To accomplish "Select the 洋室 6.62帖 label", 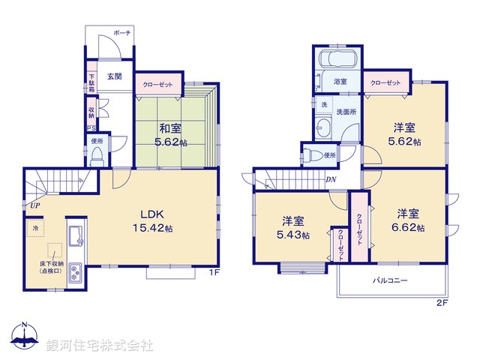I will (410, 220).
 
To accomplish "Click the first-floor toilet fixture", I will (96, 154).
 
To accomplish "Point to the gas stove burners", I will (76, 274).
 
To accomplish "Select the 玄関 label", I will (114, 76).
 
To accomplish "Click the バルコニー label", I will (391, 281).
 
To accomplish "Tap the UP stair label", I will (34, 205).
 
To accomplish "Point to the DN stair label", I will (331, 178).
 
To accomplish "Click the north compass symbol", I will (24, 336).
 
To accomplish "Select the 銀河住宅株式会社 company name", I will (99, 346).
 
